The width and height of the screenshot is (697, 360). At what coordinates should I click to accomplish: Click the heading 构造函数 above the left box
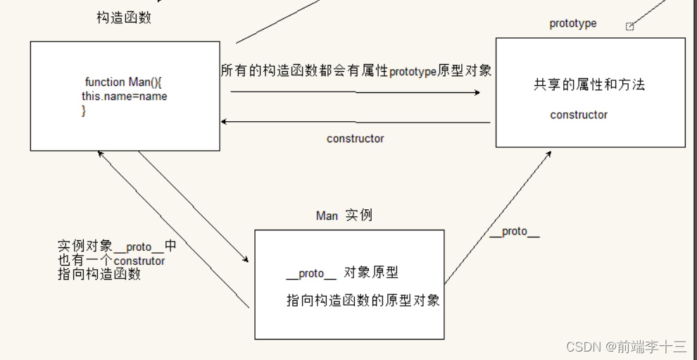click(124, 18)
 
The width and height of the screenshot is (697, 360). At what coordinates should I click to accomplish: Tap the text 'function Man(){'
click(124, 82)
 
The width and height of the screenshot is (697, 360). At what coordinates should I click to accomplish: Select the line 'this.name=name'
click(125, 96)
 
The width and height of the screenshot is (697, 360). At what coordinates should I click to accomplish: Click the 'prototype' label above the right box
click(572, 23)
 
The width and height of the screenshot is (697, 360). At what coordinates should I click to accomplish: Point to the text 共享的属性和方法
click(589, 85)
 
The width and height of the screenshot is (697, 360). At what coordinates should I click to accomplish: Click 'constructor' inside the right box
click(579, 115)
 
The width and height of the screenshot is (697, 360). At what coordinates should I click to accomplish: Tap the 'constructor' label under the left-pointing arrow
click(355, 139)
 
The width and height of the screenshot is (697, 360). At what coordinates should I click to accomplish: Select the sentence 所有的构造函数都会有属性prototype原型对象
click(356, 70)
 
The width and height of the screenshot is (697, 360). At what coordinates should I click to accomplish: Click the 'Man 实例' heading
click(344, 216)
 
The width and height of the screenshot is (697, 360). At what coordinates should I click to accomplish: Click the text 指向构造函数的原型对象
click(363, 300)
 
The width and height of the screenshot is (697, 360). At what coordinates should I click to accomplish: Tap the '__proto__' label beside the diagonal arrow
click(514, 232)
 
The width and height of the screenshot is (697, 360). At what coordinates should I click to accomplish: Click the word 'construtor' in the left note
click(139, 261)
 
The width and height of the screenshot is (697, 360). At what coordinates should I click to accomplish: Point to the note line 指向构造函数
click(99, 274)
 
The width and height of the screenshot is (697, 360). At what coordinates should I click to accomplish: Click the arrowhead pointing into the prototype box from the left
click(477, 92)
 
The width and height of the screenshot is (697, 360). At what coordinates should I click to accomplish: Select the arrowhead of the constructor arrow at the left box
click(225, 121)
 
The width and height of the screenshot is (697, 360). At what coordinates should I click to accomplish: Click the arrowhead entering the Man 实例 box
click(246, 259)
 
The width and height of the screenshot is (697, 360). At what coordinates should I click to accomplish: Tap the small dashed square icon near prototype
click(630, 27)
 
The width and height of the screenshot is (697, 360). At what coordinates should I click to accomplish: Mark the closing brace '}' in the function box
click(84, 111)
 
